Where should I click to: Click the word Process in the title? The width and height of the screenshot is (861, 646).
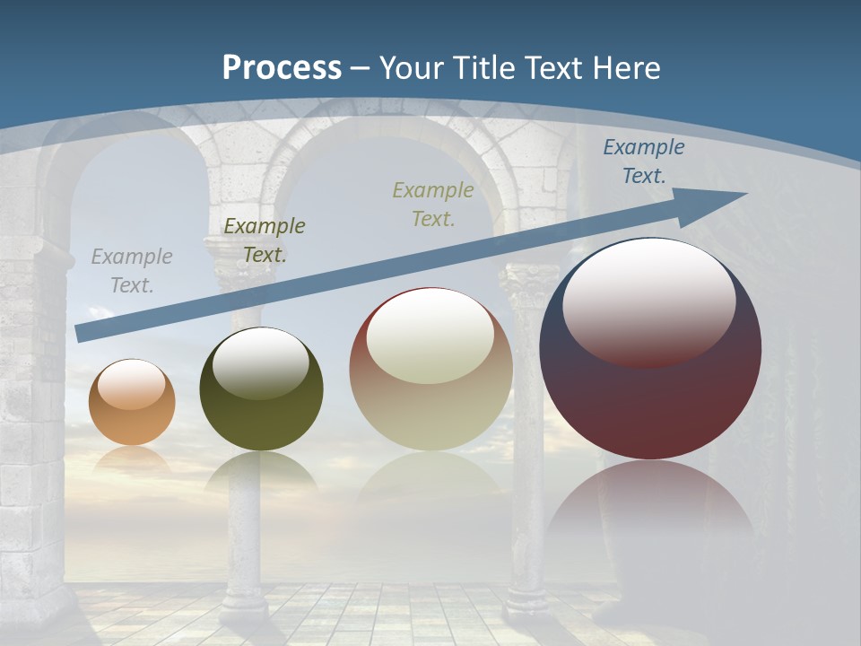point(282,68)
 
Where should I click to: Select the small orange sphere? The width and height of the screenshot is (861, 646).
point(132,403)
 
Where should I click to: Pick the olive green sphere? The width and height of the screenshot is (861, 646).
point(261,390)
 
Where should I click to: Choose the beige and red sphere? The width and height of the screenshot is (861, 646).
point(430,370)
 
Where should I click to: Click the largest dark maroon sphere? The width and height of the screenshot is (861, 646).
point(650,350)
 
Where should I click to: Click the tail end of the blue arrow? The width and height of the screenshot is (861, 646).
point(83,333)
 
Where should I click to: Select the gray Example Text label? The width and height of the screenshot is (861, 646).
point(132,270)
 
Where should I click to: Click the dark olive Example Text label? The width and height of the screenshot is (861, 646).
point(265,240)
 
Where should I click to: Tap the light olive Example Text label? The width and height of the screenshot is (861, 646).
point(433,204)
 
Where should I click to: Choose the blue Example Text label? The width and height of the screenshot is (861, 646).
point(643,161)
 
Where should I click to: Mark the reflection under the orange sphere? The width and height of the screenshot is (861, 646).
point(132,459)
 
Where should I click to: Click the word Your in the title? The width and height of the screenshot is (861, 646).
point(408,68)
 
